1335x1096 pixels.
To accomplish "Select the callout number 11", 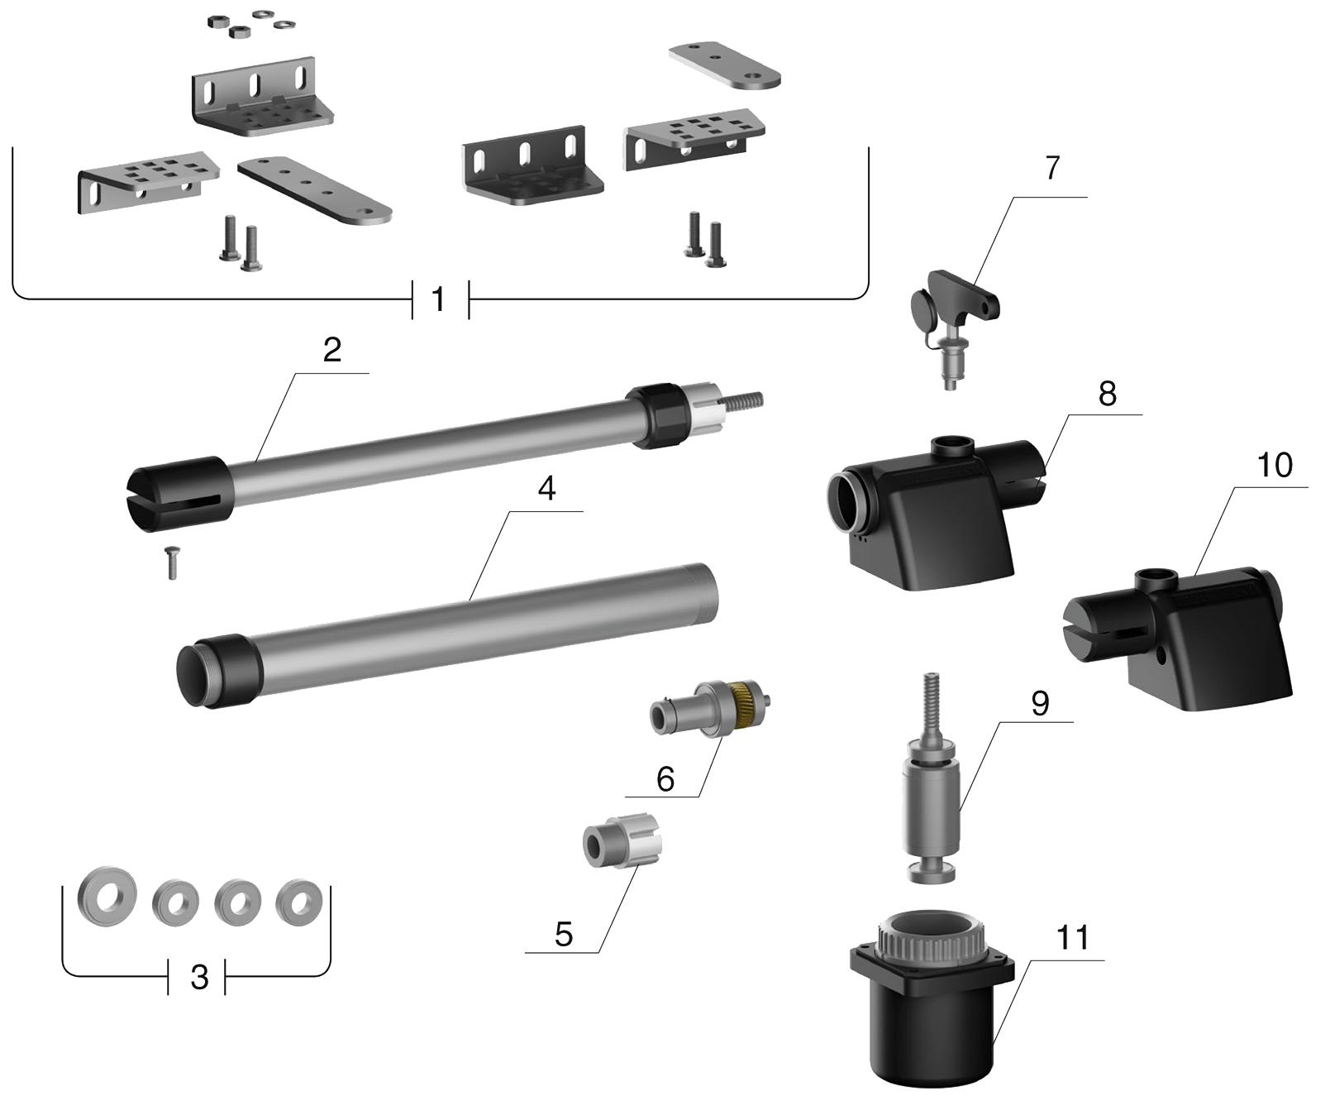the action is [x=1072, y=938].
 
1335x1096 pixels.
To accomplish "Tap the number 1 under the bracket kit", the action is [x=440, y=299].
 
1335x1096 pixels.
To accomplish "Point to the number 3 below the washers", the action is [x=199, y=978].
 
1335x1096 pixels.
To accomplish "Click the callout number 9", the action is [x=1040, y=703].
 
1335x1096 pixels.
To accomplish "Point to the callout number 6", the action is [x=665, y=778].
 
